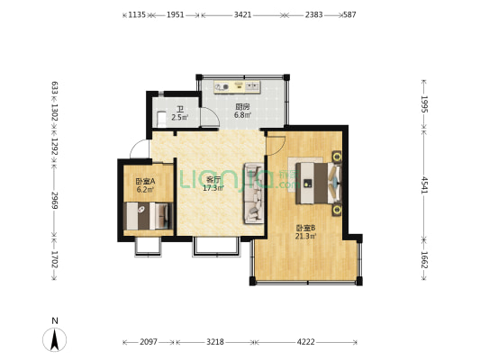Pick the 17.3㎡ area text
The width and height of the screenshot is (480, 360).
click(213, 188)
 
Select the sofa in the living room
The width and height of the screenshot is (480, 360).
click(253, 193)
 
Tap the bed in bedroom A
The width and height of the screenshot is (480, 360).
click(148, 216)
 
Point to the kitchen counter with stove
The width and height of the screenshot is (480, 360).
click(237, 87)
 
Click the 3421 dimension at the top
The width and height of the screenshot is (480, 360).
click(242, 15)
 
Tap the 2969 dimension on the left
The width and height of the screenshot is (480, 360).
click(55, 199)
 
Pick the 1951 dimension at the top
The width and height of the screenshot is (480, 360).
click(176, 15)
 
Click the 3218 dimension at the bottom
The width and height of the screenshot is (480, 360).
click(216, 343)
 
